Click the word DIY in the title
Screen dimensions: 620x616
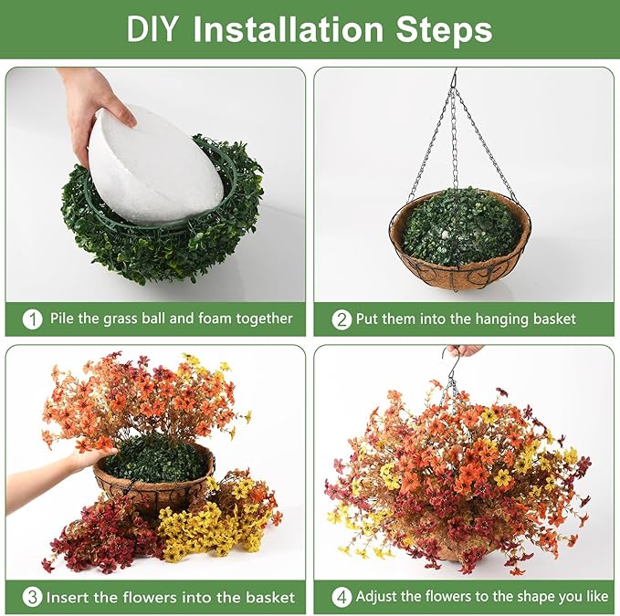point(152,29)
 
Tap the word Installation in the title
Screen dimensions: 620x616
point(289,29)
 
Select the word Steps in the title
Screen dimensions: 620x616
point(444,31)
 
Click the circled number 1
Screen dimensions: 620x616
point(33,318)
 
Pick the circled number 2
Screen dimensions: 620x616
point(342,319)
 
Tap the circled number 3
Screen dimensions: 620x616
point(33,597)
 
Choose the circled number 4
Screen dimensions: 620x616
point(342,597)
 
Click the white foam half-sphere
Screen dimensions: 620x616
point(154,166)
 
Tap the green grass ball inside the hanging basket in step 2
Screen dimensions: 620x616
point(462,227)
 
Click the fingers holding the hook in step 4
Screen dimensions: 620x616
point(467,350)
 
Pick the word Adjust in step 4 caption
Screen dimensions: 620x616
point(376,597)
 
